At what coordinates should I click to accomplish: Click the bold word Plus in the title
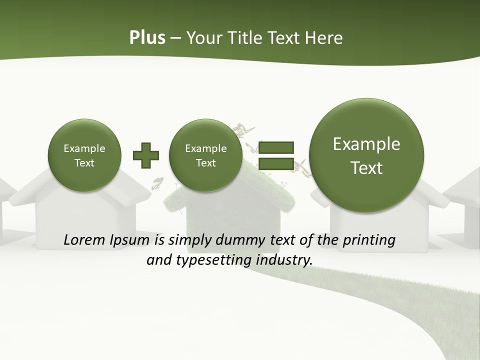147,38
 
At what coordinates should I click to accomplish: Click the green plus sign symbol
146,155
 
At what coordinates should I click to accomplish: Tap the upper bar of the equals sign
275,147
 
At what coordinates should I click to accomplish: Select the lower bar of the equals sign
275,164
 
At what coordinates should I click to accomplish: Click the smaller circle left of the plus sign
84,155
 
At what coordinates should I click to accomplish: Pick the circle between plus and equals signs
205,155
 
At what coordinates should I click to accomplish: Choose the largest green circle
366,155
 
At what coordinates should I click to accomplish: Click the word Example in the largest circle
366,144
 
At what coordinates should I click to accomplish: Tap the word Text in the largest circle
366,168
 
